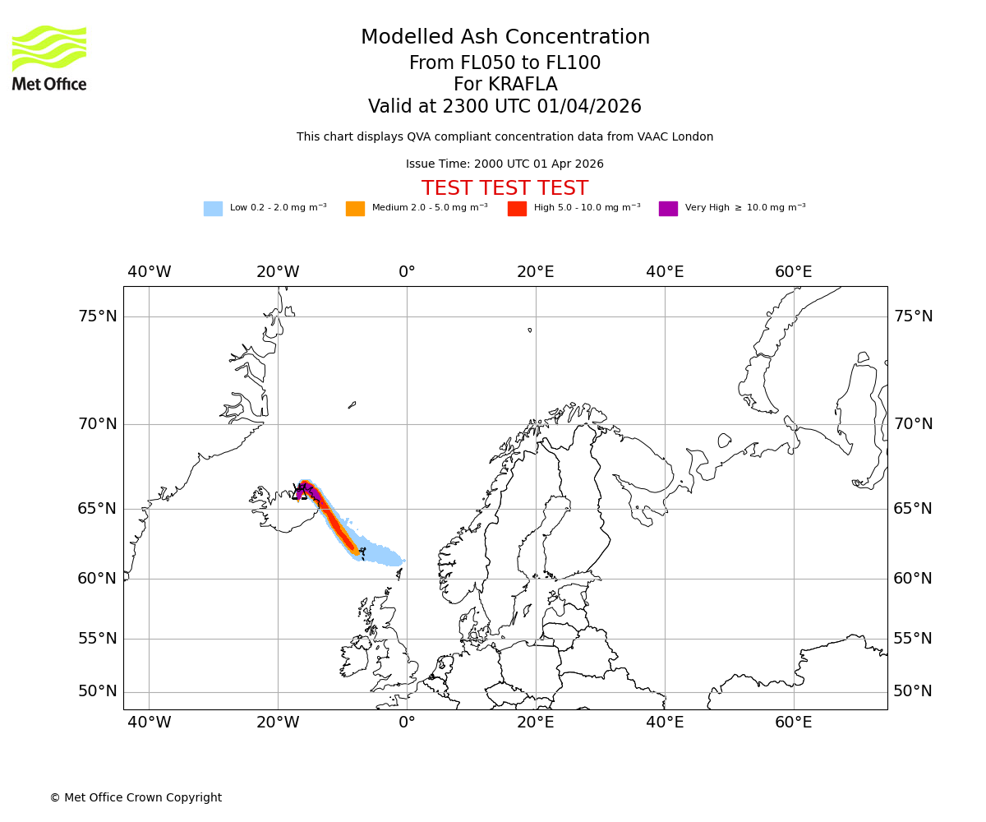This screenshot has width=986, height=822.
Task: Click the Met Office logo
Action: [x=49, y=58]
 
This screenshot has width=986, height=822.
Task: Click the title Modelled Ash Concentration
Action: [x=505, y=38]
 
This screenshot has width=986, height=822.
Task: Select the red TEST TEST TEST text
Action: [x=505, y=188]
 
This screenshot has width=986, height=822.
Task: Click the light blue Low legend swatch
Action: [x=213, y=209]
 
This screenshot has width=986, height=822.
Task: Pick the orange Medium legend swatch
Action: [x=355, y=209]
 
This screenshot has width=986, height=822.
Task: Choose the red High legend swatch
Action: [x=517, y=209]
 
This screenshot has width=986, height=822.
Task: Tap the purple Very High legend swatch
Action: [x=668, y=209]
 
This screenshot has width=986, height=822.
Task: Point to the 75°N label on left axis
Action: [x=97, y=316]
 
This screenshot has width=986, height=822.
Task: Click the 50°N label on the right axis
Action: [x=913, y=691]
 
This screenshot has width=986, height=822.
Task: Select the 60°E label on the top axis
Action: [x=793, y=272]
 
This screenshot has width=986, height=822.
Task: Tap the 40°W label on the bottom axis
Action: [x=149, y=723]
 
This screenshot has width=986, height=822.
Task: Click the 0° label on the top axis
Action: [x=407, y=272]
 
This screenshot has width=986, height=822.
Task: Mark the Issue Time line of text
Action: [x=505, y=164]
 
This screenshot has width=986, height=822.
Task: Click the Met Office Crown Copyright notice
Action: [x=136, y=798]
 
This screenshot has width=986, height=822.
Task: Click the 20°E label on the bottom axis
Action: [x=536, y=723]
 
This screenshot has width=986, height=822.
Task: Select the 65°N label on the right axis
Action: [x=913, y=509]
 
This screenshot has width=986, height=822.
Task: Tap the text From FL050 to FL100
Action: [x=505, y=63]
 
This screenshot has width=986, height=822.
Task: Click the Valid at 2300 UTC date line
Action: [x=505, y=107]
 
